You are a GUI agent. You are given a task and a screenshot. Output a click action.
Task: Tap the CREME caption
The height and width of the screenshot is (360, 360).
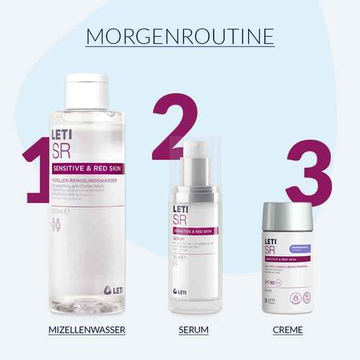click(288, 330)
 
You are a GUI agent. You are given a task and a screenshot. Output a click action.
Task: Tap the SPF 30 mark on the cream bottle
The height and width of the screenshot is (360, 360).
click(274, 279)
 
